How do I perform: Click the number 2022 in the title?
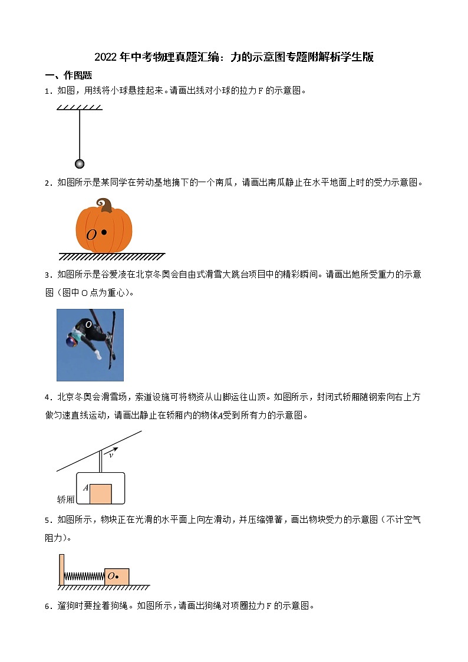point(106,57)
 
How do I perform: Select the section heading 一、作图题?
point(68,75)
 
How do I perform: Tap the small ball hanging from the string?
point(80,163)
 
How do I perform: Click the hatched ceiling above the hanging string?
point(80,107)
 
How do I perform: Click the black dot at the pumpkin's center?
point(104,232)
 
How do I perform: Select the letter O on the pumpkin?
point(91,235)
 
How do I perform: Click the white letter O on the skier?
point(88,324)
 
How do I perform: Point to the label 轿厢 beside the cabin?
point(65,499)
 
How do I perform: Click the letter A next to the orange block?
point(85,488)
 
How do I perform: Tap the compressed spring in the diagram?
point(84,576)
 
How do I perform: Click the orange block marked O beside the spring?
point(117,576)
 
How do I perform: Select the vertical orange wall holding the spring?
point(61,569)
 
